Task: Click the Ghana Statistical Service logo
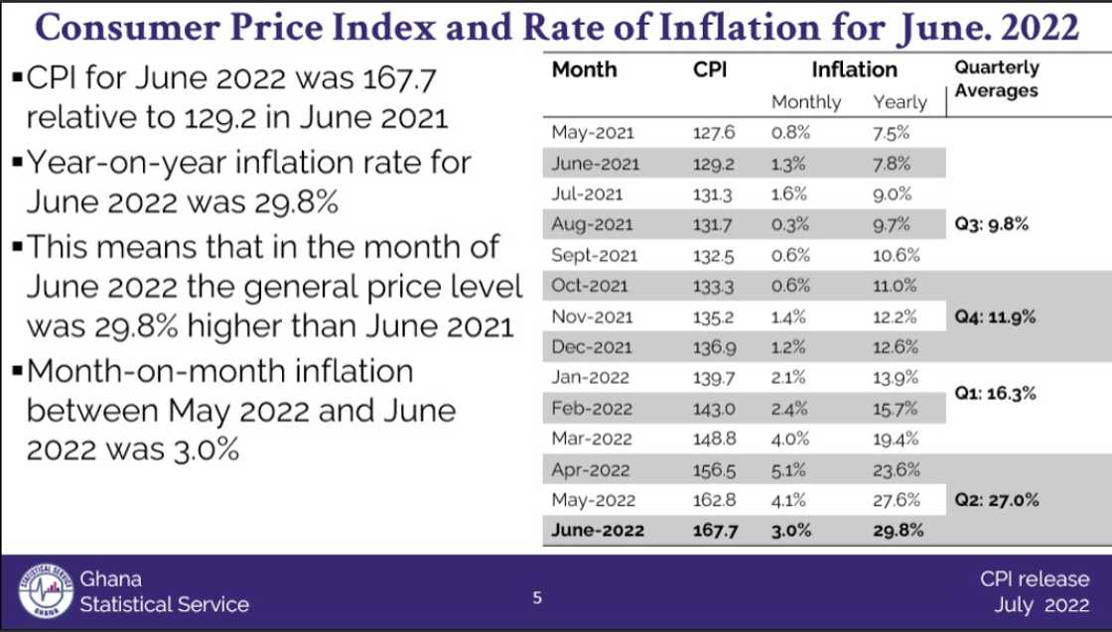[47, 593]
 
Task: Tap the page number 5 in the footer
[537, 597]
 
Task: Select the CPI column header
[710, 69]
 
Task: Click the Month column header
[584, 69]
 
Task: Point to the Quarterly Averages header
[997, 79]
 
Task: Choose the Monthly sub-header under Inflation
[805, 102]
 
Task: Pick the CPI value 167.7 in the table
[714, 531]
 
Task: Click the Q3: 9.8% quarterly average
[991, 224]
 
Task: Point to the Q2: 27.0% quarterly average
[996, 500]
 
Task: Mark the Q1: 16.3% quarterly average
[995, 393]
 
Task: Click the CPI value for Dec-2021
[713, 347]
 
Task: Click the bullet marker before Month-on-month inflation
[18, 372]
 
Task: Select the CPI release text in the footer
[1034, 579]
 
